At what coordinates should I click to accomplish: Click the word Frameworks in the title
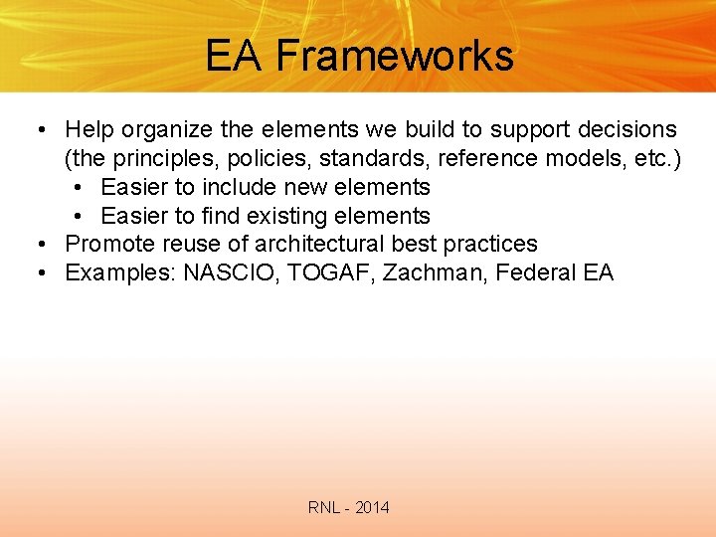[395, 56]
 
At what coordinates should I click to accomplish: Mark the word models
[589, 158]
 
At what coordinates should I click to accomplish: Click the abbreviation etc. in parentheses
[656, 158]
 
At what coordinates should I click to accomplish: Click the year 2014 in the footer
[372, 508]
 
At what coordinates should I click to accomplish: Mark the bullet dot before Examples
[40, 273]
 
